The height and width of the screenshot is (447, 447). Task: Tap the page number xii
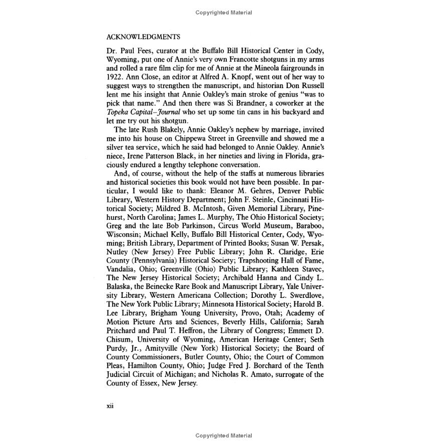111,406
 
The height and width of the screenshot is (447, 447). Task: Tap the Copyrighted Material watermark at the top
223,13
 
